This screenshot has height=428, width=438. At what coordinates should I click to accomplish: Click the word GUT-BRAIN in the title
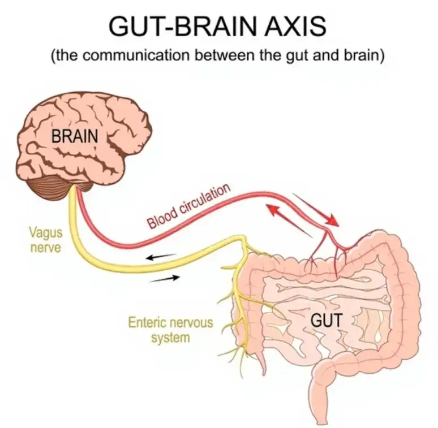coord(182,27)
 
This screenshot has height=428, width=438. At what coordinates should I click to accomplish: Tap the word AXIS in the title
coord(295,27)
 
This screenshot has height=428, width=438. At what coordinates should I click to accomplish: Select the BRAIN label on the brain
coord(75,136)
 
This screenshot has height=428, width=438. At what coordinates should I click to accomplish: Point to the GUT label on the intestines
coord(327,320)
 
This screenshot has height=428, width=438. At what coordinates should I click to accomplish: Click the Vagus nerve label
coord(46,240)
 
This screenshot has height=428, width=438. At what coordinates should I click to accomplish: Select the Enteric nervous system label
coord(170,330)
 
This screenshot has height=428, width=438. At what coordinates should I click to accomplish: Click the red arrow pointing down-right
coord(316,210)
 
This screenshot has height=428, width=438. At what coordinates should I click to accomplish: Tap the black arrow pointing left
coord(161,257)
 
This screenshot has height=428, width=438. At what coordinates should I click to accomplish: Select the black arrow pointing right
coord(164,279)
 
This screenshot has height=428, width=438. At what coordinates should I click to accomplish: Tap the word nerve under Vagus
coord(46,248)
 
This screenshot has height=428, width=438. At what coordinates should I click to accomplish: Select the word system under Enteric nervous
coord(170,338)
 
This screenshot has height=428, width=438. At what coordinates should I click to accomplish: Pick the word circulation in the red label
coord(205,202)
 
